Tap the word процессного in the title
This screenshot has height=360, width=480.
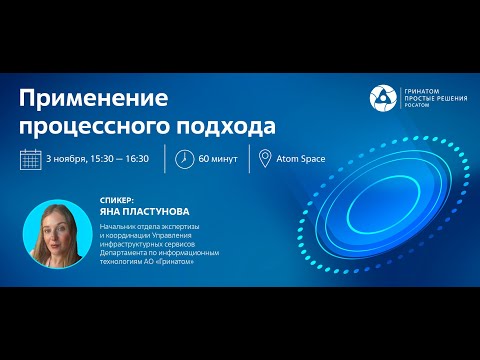(89, 125)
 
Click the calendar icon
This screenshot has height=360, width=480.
(31, 159)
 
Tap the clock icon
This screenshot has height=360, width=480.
(185, 159)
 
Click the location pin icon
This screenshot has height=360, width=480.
(265, 159)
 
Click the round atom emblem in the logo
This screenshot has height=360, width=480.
(383, 97)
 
